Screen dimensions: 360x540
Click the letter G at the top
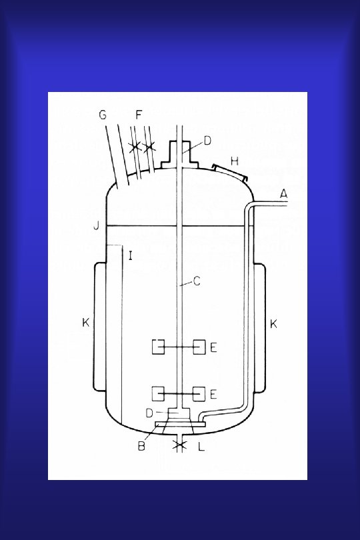pyautogui.click(x=103, y=115)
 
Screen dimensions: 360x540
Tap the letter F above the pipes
pyautogui.click(x=139, y=115)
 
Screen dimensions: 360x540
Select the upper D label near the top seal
pyautogui.click(x=207, y=141)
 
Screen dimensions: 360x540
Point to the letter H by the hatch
pyautogui.click(x=235, y=161)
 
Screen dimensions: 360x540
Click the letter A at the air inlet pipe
pyautogui.click(x=283, y=194)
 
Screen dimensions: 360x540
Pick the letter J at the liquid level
pyautogui.click(x=97, y=226)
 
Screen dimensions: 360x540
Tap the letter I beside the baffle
pyautogui.click(x=130, y=256)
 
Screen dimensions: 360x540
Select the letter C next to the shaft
pyautogui.click(x=197, y=281)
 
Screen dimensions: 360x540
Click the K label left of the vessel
pyautogui.click(x=86, y=323)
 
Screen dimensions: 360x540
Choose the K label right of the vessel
pyautogui.click(x=273, y=324)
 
